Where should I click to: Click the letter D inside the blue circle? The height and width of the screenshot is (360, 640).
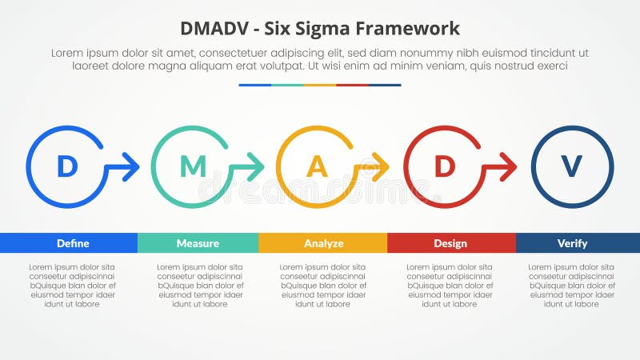click(x=67, y=166)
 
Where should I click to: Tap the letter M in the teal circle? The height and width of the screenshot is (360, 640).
click(x=193, y=166)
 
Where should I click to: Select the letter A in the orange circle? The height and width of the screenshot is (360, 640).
click(x=318, y=166)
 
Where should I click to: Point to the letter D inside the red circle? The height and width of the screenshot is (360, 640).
click(x=444, y=166)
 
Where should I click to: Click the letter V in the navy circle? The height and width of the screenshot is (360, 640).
click(x=571, y=166)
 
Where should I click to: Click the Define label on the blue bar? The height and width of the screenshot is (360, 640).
click(x=73, y=243)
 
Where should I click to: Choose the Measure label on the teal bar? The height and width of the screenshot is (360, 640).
click(x=198, y=243)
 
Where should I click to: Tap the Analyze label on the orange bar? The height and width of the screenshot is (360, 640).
click(x=323, y=243)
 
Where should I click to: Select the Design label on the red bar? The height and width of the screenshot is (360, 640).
click(x=450, y=243)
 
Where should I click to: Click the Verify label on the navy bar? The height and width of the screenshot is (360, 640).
click(x=572, y=243)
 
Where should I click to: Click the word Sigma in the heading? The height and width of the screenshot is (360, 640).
click(x=326, y=29)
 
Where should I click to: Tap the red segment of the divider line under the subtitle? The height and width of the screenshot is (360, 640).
click(x=352, y=85)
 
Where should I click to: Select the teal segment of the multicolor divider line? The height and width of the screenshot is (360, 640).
click(x=287, y=85)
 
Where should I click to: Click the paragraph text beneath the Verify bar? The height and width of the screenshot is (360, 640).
click(x=571, y=285)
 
